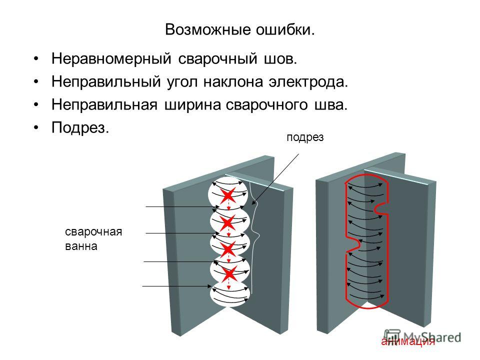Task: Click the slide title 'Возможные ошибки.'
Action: [x=239, y=30]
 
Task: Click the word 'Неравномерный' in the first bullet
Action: [x=111, y=58]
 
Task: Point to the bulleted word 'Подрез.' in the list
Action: [x=80, y=127]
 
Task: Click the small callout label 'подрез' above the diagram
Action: [x=305, y=137]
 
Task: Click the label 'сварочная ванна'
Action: [x=93, y=239]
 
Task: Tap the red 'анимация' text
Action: [x=408, y=341]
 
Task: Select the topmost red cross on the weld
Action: [x=228, y=195]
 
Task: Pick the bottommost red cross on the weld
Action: [x=229, y=273]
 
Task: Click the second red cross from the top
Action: [x=228, y=223]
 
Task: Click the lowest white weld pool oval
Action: [x=230, y=294]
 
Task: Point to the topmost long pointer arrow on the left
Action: [x=182, y=207]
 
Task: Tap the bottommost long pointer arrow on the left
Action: [x=177, y=286]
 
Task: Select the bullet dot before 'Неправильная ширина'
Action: [x=36, y=105]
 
